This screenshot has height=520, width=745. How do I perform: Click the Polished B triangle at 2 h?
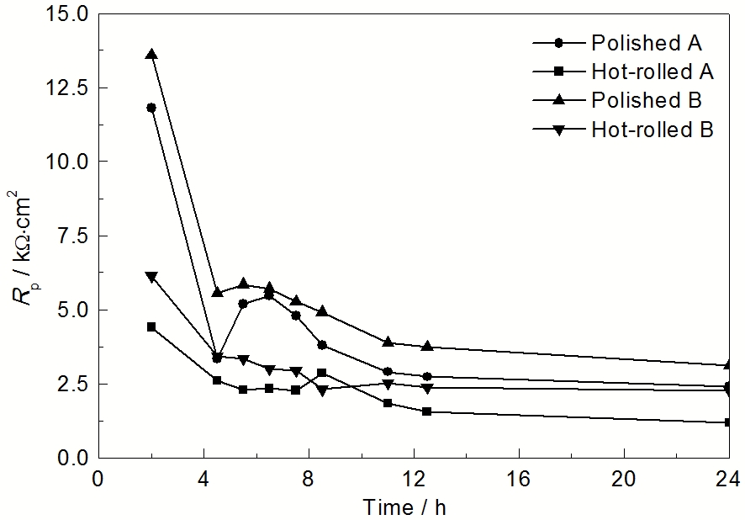(x=151, y=54)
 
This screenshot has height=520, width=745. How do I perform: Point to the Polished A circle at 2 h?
(x=151, y=108)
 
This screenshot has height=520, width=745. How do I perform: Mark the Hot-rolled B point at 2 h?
(x=151, y=276)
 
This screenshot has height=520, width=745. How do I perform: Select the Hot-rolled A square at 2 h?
(x=151, y=326)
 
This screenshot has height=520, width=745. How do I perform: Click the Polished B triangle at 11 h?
(x=388, y=342)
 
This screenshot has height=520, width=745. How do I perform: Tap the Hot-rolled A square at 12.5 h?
(x=427, y=411)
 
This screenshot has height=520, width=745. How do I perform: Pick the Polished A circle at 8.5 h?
(x=322, y=345)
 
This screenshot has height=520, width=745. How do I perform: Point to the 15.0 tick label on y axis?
(x=68, y=13)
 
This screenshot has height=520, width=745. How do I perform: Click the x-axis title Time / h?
(x=412, y=507)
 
